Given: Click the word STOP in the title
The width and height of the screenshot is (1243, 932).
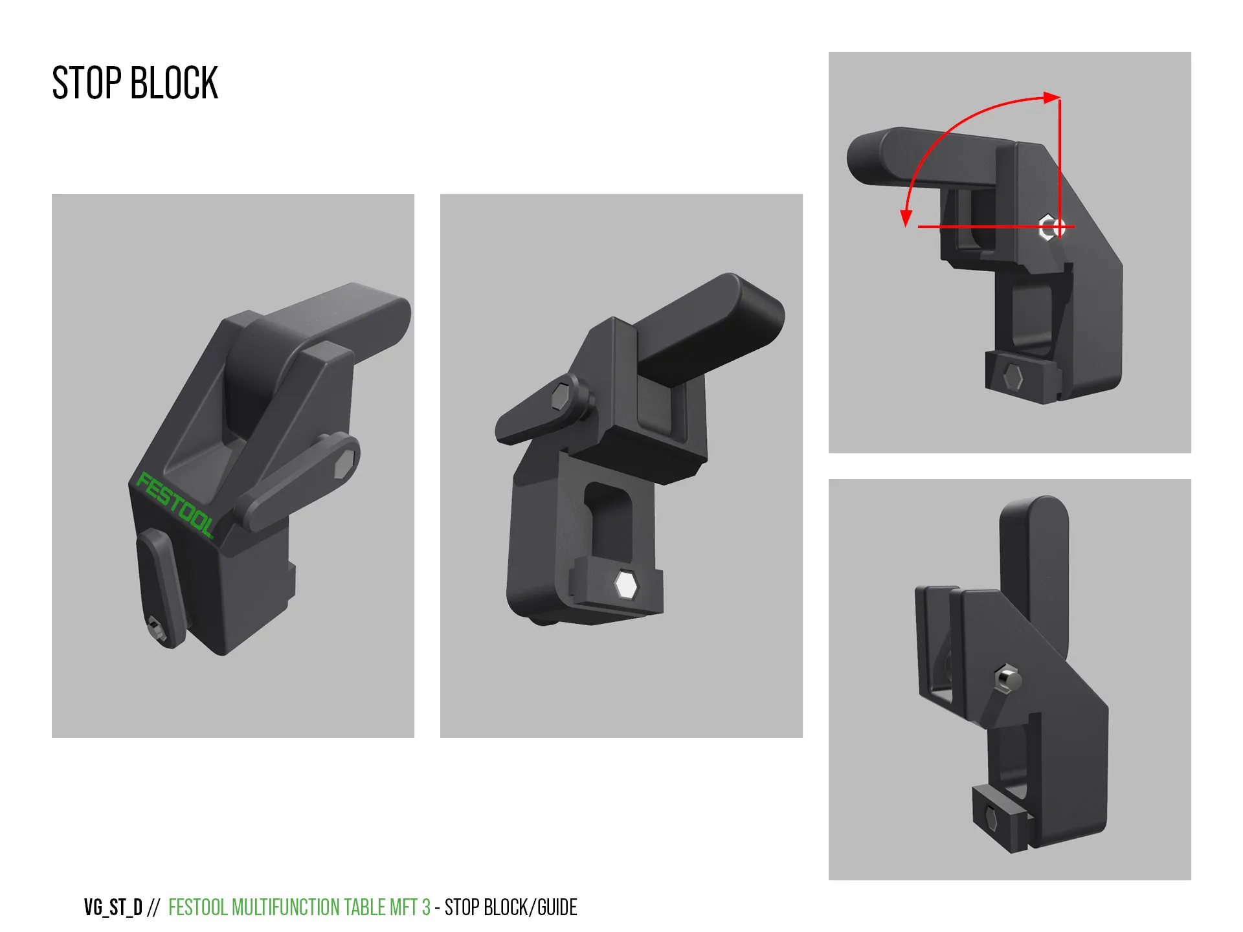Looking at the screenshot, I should (x=87, y=83).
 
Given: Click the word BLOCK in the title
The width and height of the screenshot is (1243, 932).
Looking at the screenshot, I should (x=174, y=83).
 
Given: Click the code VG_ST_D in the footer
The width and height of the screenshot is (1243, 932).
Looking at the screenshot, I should (x=113, y=907).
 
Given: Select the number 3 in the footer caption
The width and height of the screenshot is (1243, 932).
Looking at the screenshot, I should (x=426, y=907).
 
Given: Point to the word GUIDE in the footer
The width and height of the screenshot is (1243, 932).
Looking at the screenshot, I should (x=557, y=907).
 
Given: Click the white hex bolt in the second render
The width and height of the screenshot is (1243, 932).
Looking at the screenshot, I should (x=626, y=584).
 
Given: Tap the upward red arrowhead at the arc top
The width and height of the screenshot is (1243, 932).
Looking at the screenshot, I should (x=1051, y=98).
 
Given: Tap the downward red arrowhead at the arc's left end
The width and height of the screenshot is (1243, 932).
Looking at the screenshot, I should (x=906, y=218).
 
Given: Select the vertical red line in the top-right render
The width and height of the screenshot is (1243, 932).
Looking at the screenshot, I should (x=1059, y=162).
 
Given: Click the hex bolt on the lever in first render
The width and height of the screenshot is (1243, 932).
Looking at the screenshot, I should (x=344, y=464).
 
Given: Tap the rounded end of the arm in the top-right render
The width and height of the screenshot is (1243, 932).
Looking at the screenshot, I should (x=864, y=157).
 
